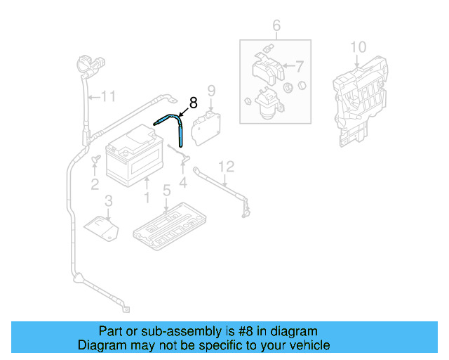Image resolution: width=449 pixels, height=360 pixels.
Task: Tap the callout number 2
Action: [x=94, y=185]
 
